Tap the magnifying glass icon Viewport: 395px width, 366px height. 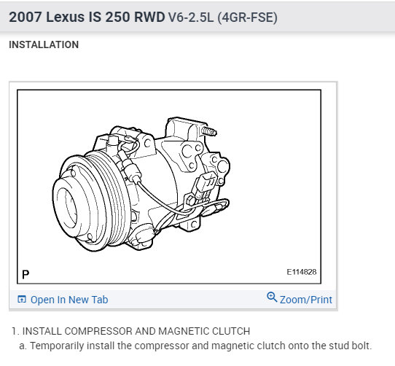pos(272,297)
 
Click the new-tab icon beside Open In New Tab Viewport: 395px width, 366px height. pos(22,299)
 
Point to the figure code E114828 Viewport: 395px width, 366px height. pos(302,272)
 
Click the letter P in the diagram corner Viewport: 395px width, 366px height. pos(26,274)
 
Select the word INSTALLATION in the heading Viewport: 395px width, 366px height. pos(44,44)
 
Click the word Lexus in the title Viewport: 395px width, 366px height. pos(66,17)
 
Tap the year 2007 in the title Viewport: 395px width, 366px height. pos(26,17)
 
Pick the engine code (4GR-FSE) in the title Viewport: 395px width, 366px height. pos(247,17)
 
